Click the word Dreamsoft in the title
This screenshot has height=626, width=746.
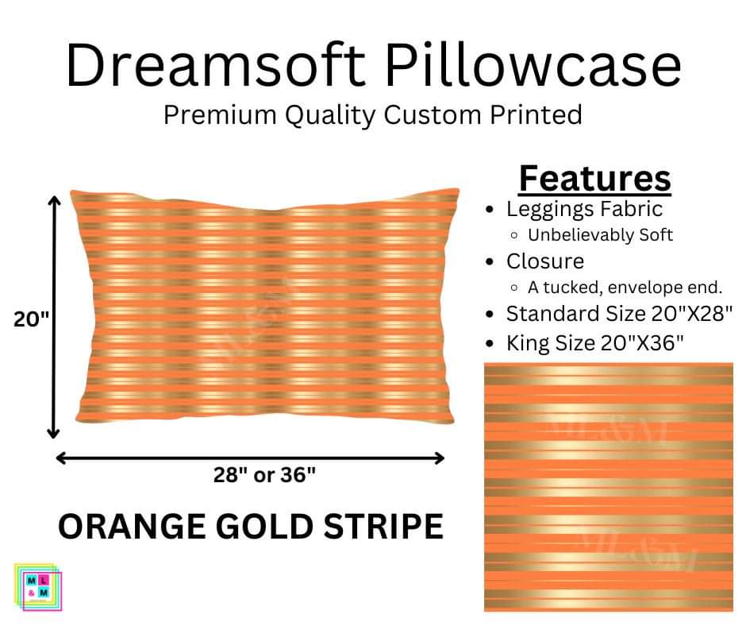[216, 65]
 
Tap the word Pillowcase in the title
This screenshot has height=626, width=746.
[533, 65]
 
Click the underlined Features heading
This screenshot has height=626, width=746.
[594, 179]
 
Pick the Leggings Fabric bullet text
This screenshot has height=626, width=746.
[584, 209]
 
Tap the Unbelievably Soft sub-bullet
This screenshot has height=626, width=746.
[601, 235]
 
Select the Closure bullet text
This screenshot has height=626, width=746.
[545, 261]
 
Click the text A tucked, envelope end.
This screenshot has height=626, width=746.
[625, 288]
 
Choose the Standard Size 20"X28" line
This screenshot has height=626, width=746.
[619, 314]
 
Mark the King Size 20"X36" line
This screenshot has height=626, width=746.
[594, 342]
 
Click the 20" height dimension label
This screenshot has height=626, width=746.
[31, 319]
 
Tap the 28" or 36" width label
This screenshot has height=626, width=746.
[264, 474]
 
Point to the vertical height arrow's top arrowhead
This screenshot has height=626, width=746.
[54, 200]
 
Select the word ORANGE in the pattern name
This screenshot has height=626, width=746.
[133, 526]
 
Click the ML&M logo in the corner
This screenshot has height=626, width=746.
[37, 586]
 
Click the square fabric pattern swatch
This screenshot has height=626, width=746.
[609, 487]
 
